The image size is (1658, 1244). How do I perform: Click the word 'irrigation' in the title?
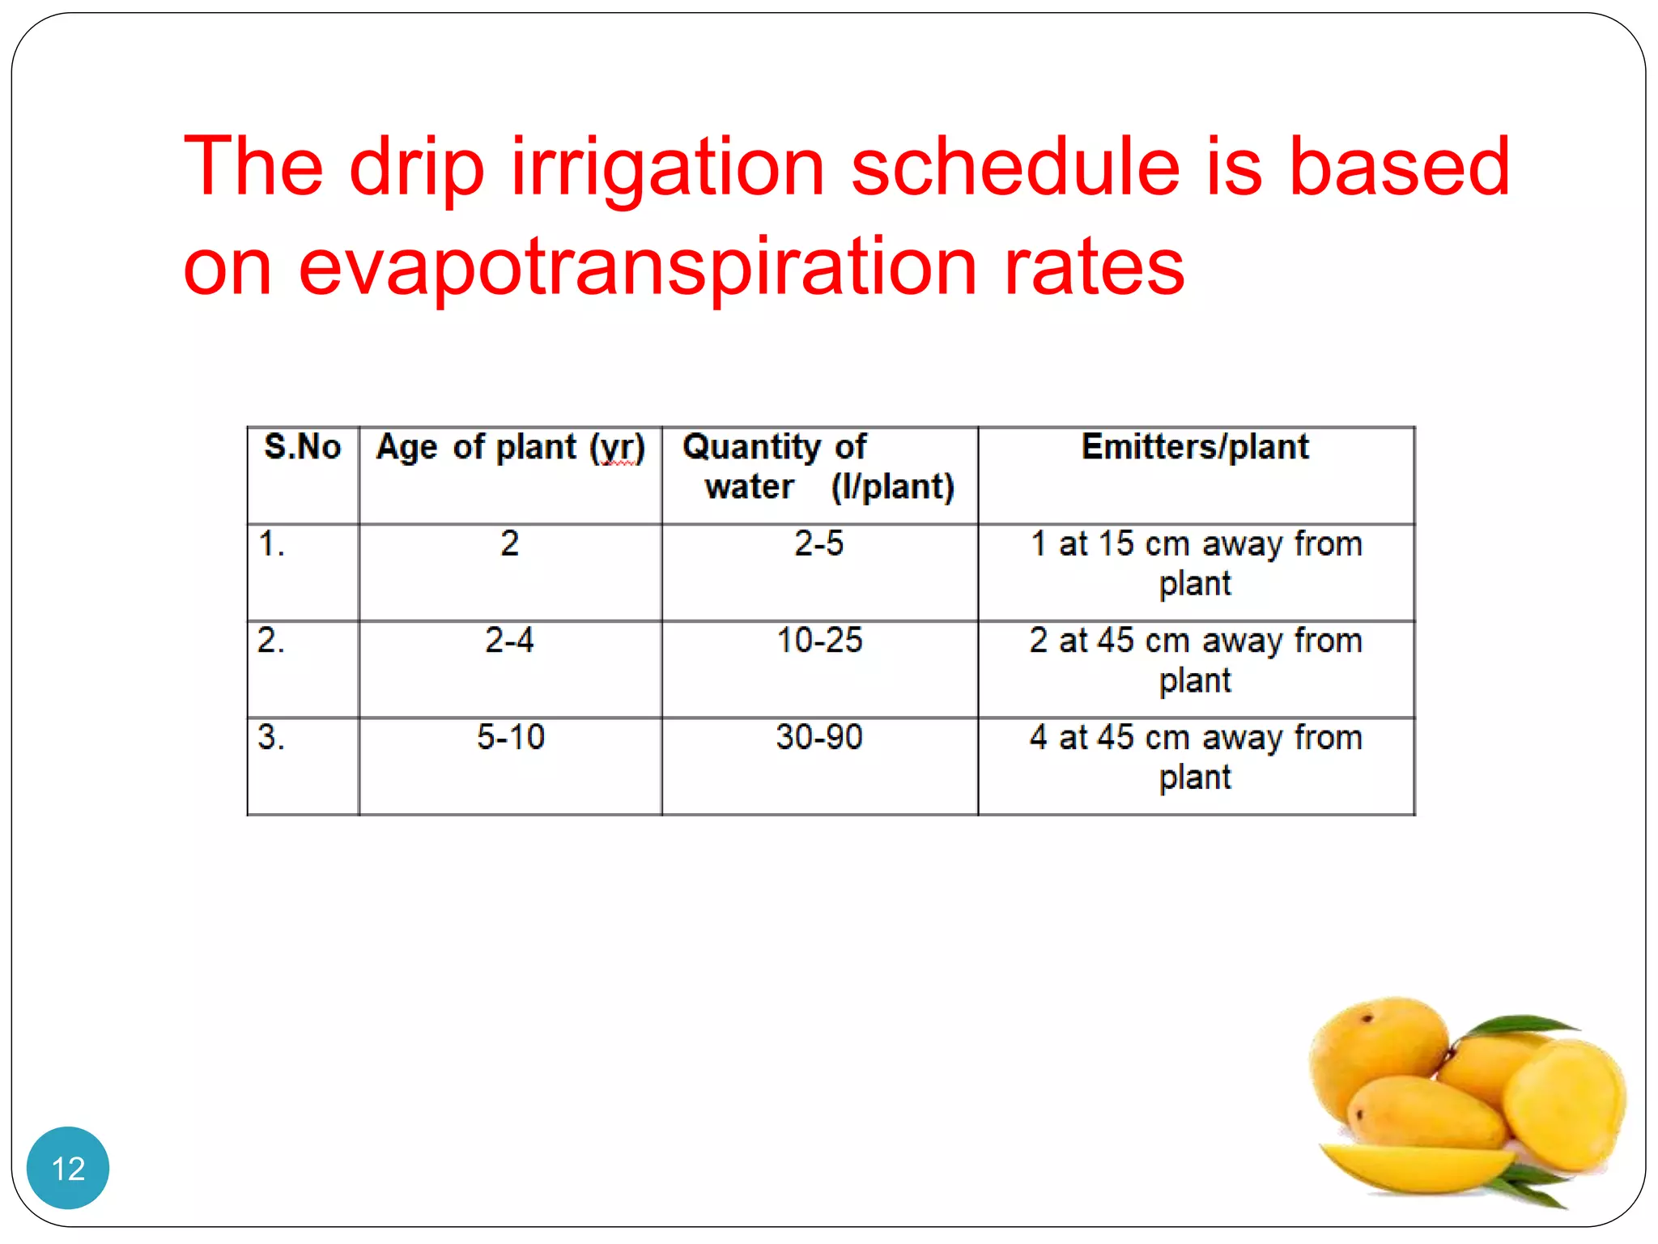click(667, 168)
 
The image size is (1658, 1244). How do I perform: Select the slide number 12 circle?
click(68, 1168)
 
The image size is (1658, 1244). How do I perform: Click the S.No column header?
click(303, 447)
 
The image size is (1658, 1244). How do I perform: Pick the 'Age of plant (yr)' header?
click(510, 448)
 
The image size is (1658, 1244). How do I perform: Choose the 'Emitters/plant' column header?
click(1195, 447)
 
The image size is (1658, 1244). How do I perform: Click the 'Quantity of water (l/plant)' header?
click(818, 467)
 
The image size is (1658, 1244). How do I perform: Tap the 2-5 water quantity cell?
click(818, 543)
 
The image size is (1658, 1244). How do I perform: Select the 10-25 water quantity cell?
click(819, 641)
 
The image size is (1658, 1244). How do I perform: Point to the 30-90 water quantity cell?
click(819, 737)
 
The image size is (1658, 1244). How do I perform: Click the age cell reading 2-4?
click(509, 641)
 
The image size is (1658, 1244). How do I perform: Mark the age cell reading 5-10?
click(510, 737)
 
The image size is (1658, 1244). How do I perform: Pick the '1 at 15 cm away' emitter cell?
click(1195, 563)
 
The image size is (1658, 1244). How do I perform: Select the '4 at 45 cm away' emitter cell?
click(1195, 756)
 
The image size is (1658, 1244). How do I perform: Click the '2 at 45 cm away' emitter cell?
click(1195, 660)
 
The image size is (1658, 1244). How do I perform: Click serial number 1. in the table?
click(271, 543)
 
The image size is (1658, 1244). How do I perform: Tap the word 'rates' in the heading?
click(1094, 267)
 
